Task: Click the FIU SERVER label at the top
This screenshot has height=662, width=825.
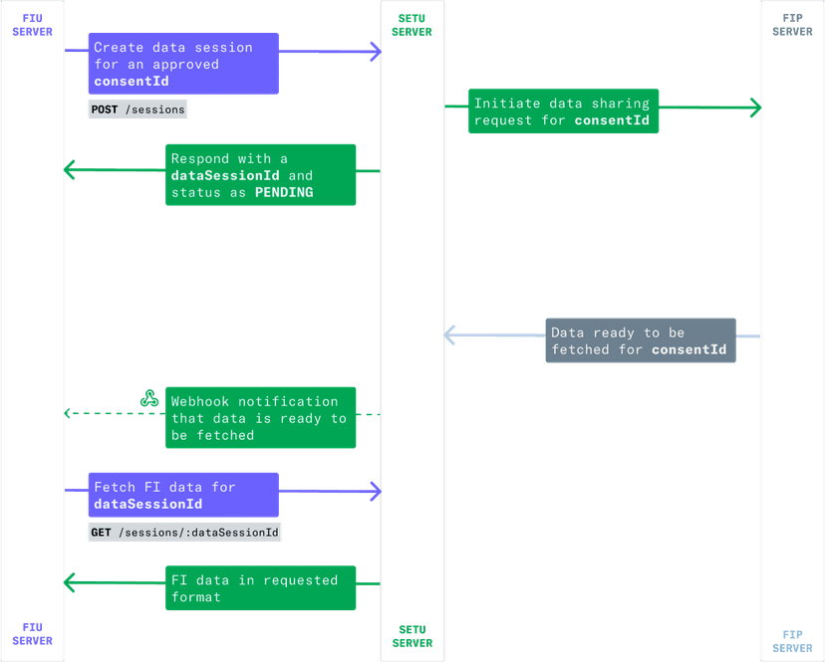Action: point(33,25)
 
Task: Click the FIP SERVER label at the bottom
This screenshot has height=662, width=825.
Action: point(792,640)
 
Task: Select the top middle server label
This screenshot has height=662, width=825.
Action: point(412,25)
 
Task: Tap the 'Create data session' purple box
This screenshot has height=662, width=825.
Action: point(183,64)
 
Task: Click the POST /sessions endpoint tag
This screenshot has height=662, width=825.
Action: point(138,110)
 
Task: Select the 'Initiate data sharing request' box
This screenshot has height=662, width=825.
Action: point(563,112)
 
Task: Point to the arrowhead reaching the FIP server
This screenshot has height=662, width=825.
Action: point(756,108)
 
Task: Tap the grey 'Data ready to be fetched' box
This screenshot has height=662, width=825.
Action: point(640,341)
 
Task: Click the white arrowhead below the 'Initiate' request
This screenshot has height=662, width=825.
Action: point(450,335)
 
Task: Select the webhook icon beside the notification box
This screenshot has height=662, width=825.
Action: point(149,400)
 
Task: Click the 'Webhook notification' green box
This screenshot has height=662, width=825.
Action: point(260,418)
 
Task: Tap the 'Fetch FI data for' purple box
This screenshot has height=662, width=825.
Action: point(183,496)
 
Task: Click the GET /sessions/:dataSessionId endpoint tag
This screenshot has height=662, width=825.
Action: point(185,533)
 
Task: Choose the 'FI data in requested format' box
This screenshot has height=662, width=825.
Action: point(260,588)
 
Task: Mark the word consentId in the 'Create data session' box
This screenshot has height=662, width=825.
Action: point(132,81)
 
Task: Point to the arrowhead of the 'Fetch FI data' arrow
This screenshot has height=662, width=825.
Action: point(376,490)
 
